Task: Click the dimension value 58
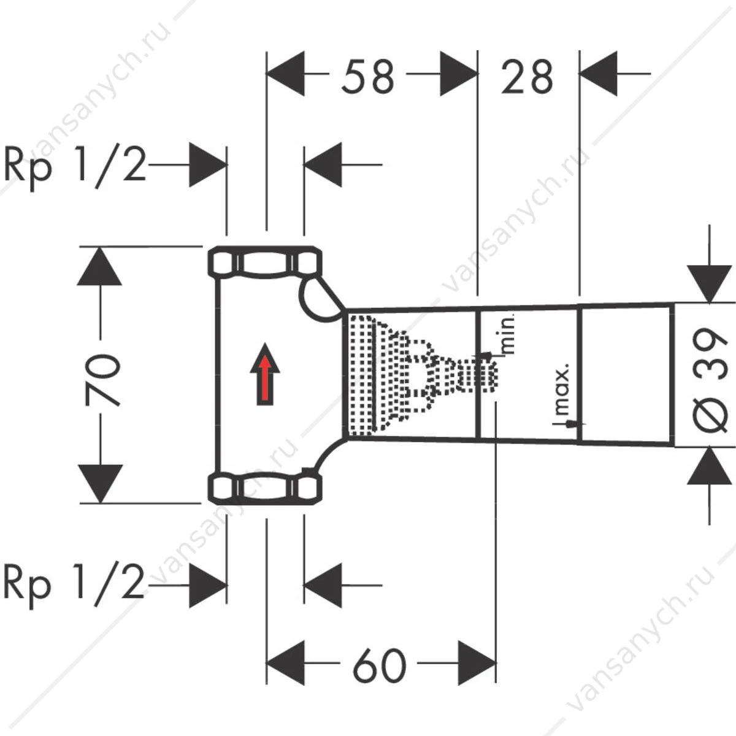(367, 77)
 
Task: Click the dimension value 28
(527, 77)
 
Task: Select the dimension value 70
(102, 380)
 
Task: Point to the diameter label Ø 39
(709, 380)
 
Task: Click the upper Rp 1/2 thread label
(74, 167)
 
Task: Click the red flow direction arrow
(265, 374)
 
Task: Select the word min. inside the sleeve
(509, 333)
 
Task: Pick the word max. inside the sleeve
(562, 389)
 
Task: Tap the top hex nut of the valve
(265, 262)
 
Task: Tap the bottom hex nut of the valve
(265, 489)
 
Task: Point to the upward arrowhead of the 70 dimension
(99, 266)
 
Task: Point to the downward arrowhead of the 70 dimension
(99, 484)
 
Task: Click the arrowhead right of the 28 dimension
(599, 74)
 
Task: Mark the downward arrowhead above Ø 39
(709, 284)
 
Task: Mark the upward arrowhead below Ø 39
(709, 466)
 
